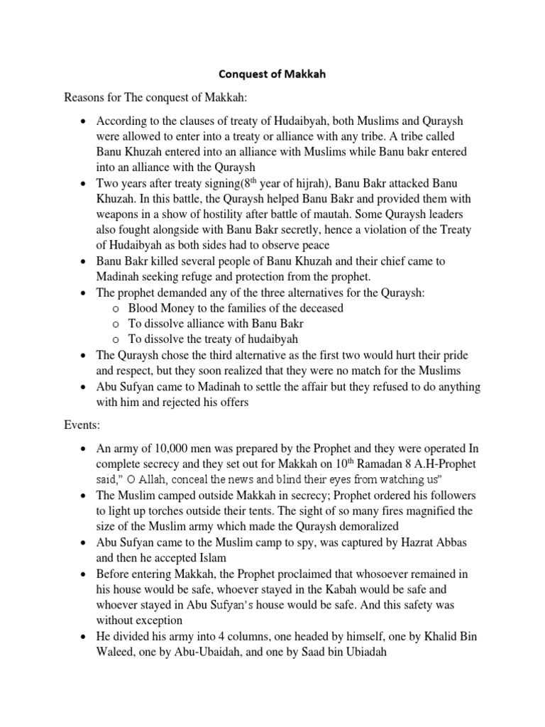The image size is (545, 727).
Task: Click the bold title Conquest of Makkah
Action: pyautogui.click(x=272, y=75)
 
